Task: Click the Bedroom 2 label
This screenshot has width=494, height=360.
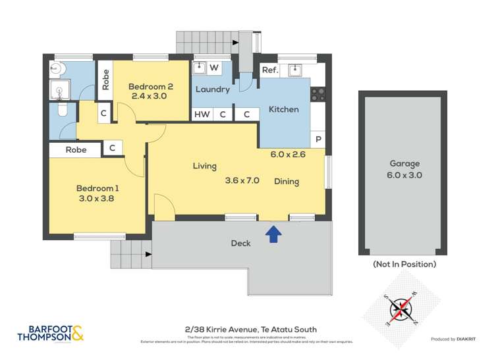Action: tap(150, 86)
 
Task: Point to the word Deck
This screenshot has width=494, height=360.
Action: tap(240, 244)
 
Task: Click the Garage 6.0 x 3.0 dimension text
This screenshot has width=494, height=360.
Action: tap(404, 175)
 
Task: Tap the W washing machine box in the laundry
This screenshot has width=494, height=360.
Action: tap(214, 68)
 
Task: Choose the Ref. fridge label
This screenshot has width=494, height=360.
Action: tap(269, 70)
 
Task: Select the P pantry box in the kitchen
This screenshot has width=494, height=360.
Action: tap(318, 140)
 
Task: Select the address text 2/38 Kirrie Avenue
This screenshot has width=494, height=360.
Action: tap(251, 329)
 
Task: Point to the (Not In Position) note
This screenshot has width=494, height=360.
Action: tap(404, 264)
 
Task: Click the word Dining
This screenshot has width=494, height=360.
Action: tap(287, 182)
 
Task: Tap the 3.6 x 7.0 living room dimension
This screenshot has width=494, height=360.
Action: tap(242, 180)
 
